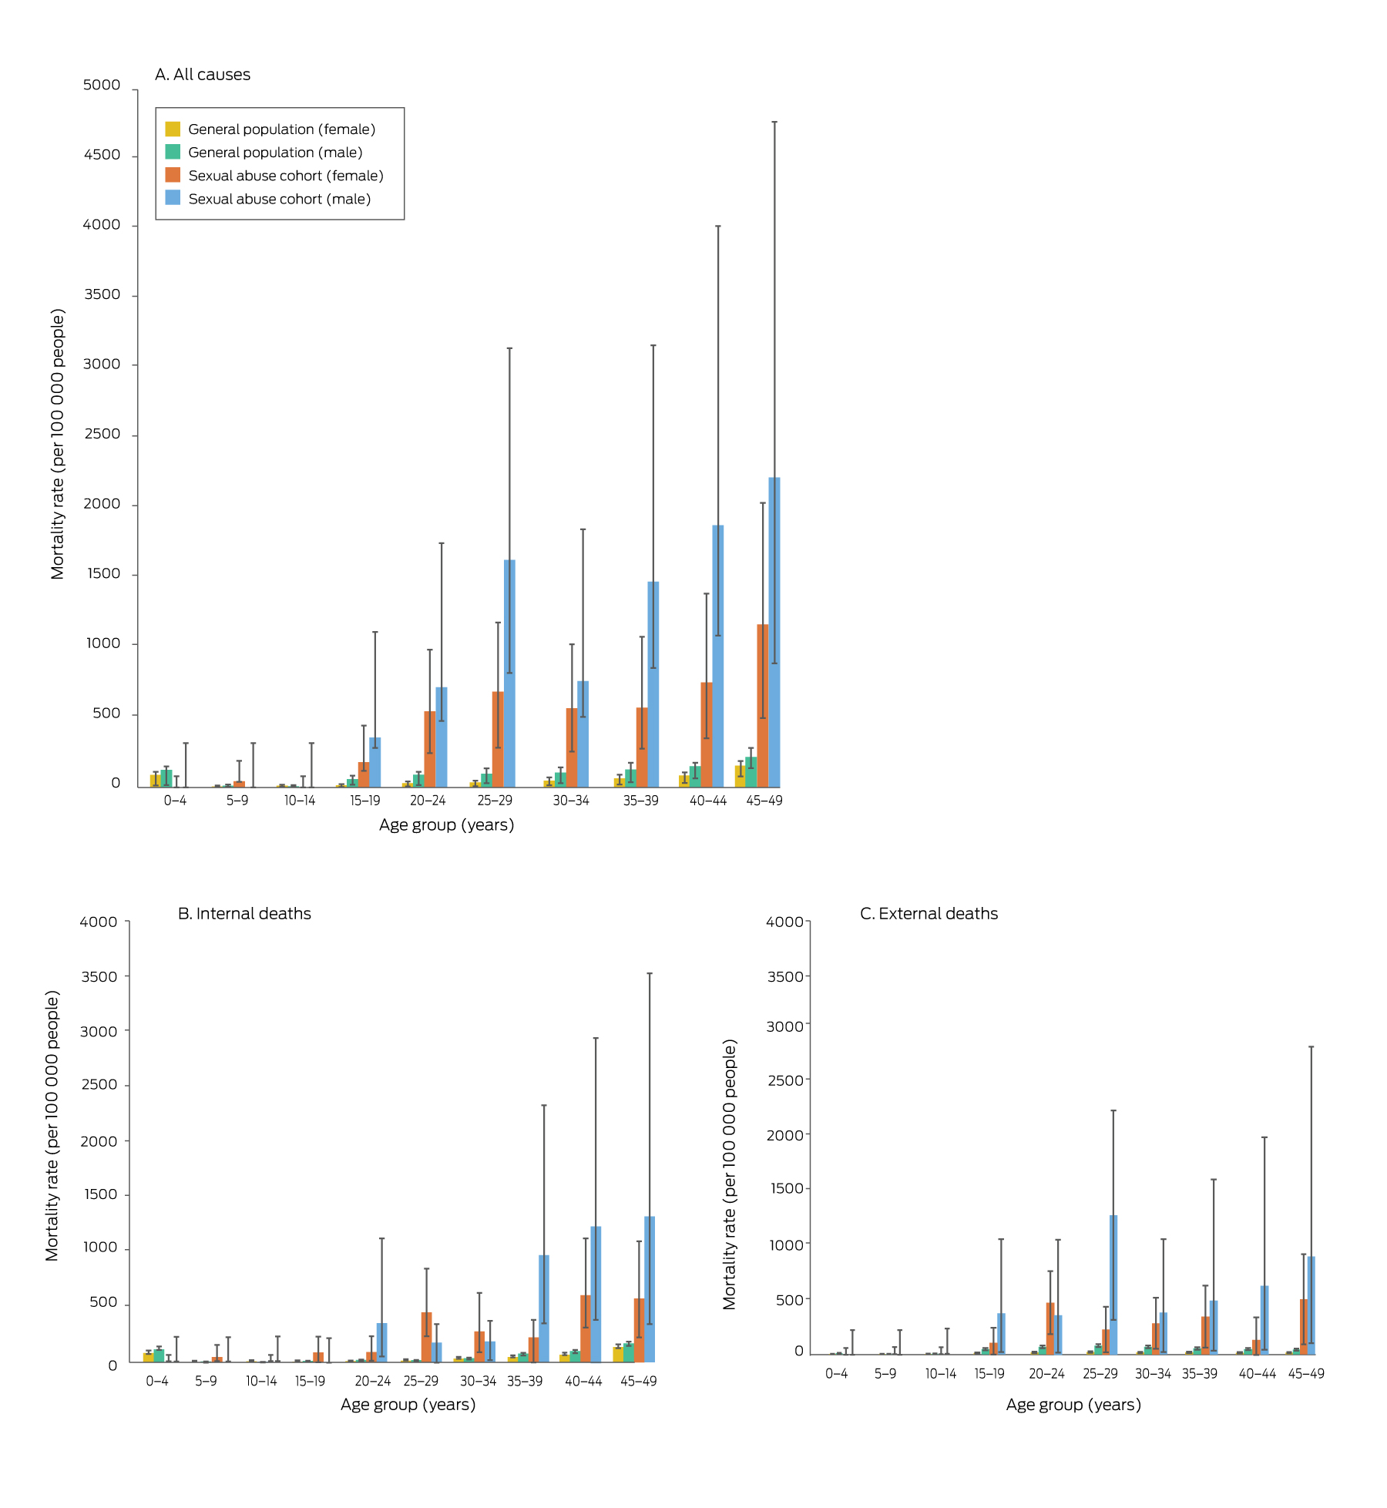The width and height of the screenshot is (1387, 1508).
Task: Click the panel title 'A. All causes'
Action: (203, 75)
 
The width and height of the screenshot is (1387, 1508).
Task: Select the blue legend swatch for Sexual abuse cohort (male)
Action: (173, 198)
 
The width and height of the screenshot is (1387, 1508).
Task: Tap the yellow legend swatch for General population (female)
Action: (173, 129)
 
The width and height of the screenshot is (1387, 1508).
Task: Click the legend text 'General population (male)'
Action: (275, 153)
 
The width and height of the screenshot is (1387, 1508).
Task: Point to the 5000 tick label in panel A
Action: (102, 86)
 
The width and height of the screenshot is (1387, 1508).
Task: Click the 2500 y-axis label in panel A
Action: (102, 435)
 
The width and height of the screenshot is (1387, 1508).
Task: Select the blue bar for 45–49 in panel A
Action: (774, 632)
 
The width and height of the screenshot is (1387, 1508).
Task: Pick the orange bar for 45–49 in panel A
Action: (763, 705)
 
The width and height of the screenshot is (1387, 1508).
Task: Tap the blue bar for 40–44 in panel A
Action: (718, 655)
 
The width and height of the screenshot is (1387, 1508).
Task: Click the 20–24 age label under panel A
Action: (428, 801)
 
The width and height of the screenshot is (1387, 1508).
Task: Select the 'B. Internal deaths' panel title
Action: (244, 914)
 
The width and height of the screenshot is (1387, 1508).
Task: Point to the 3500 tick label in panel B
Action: (99, 976)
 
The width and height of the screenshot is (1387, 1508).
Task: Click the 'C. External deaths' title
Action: (929, 914)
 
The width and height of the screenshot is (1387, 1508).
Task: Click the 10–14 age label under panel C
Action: (941, 1374)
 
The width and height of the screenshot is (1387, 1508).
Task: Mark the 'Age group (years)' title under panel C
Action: (1073, 1405)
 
